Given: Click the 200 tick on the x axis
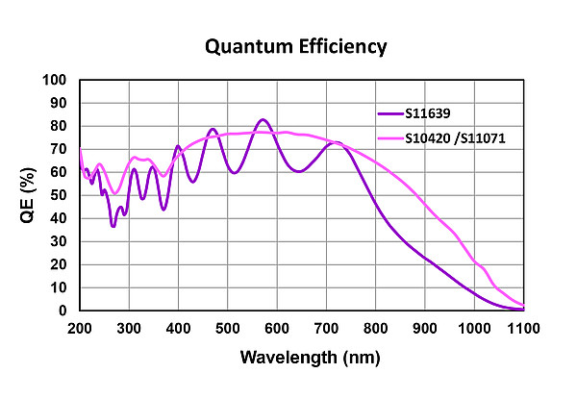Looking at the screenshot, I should pyautogui.click(x=80, y=329).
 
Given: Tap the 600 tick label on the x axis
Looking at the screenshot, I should pyautogui.click(x=277, y=329).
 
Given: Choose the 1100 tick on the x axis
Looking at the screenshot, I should pyautogui.click(x=524, y=329).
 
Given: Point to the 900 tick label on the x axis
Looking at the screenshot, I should pyautogui.click(x=425, y=329).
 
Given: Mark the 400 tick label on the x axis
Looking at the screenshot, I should pyautogui.click(x=179, y=329).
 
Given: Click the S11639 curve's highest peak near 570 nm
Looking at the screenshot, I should pyautogui.click(x=263, y=119).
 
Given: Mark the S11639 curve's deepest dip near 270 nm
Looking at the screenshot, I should pyautogui.click(x=113, y=226).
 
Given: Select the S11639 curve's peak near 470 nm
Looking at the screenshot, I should pyautogui.click(x=213, y=129).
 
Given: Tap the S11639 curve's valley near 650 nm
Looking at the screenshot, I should pyautogui.click(x=299, y=171).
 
